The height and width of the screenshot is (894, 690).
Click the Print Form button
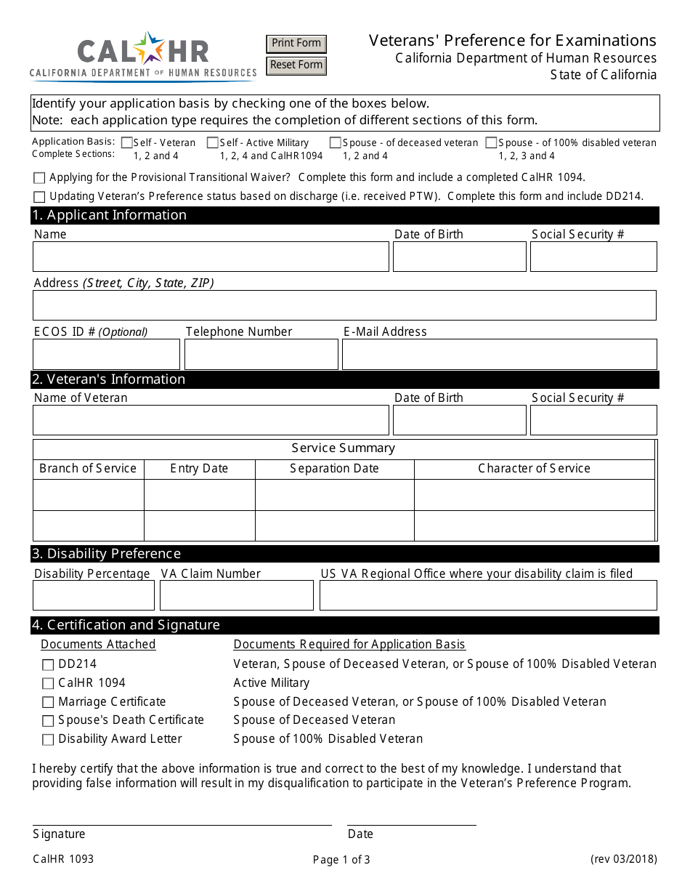point(296,44)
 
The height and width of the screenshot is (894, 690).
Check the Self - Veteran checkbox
point(127,143)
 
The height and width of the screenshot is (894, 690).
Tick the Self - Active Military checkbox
point(213,143)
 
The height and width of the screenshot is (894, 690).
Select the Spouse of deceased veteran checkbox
point(336,143)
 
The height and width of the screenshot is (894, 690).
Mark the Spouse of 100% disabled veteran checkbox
point(492,143)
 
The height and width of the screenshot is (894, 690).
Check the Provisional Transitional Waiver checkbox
point(39,178)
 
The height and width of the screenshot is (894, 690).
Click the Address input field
point(344,305)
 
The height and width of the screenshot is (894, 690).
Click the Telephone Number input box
point(261,355)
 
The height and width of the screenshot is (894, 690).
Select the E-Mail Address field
point(499,355)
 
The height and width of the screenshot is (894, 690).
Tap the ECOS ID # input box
point(106,355)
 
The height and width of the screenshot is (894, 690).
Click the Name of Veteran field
point(211,420)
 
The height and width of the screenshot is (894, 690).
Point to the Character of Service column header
point(534,469)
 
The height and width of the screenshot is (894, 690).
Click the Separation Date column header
point(334,469)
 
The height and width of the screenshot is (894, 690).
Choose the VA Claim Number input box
point(236,595)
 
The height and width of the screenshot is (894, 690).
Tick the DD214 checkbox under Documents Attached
point(48,664)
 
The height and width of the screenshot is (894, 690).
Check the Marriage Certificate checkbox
point(48,702)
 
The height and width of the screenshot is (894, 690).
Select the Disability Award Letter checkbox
point(48,740)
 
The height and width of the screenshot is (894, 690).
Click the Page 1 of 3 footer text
point(341,860)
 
